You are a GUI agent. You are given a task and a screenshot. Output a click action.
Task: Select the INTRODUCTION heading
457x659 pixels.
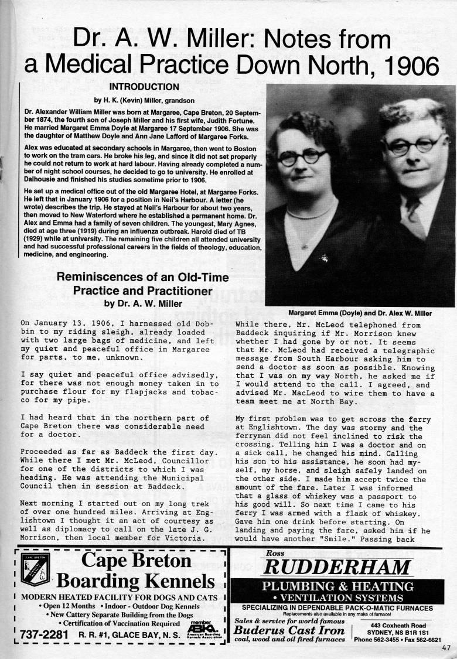pyautogui.click(x=144, y=87)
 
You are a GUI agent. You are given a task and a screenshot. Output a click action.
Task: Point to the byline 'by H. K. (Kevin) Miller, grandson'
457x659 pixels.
pyautogui.click(x=144, y=100)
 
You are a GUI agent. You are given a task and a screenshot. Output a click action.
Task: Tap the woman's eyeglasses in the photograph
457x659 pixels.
pyautogui.click(x=303, y=156)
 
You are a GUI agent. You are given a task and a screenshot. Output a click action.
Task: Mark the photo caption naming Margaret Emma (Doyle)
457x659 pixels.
pyautogui.click(x=360, y=313)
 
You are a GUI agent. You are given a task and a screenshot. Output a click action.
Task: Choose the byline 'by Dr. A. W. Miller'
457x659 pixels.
pyautogui.click(x=143, y=303)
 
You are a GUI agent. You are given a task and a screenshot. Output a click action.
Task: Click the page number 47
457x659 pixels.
pyautogui.click(x=448, y=647)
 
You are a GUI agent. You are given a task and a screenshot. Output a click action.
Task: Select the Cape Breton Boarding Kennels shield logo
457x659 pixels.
pyautogui.click(x=35, y=569)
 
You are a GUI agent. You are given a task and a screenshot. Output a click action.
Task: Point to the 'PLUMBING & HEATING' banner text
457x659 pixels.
pyautogui.click(x=337, y=586)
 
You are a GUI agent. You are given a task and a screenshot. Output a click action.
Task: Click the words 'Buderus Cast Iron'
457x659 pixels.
pyautogui.click(x=289, y=630)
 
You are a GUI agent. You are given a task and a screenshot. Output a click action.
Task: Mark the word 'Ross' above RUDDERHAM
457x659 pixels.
pyautogui.click(x=275, y=553)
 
